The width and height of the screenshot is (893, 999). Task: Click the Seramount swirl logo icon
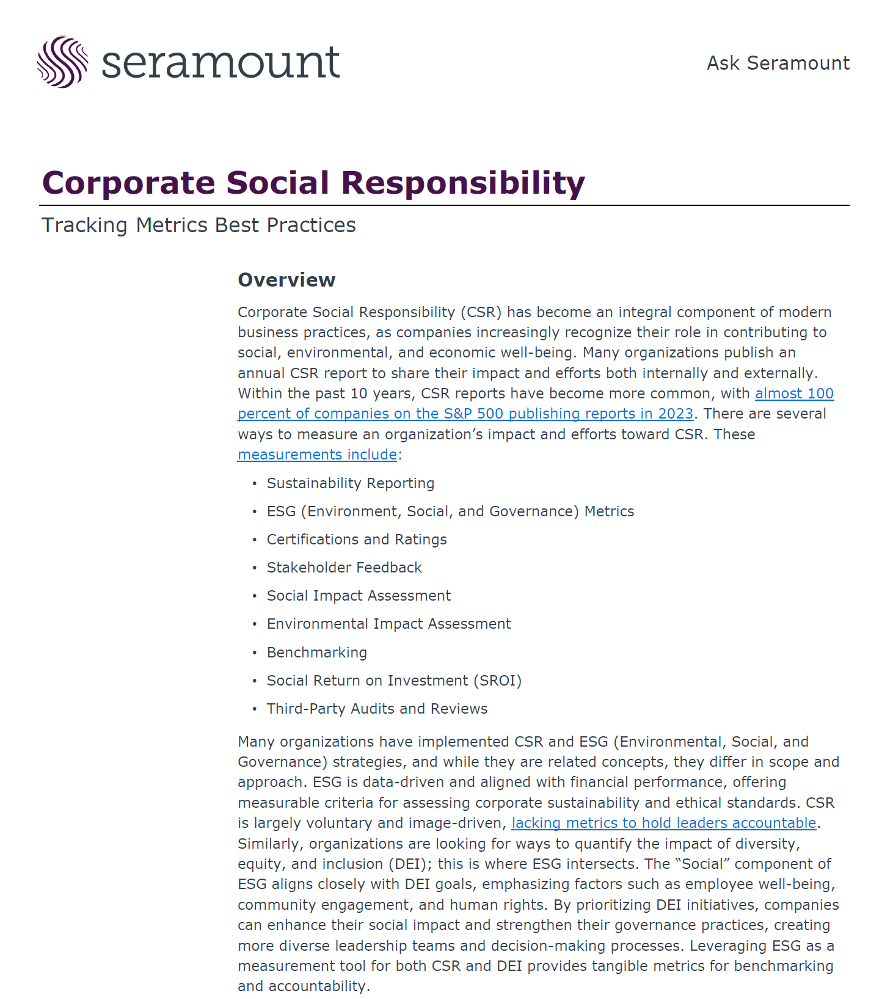click(62, 62)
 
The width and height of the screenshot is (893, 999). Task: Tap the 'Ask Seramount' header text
click(778, 63)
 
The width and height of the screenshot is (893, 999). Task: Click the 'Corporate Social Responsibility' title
click(313, 183)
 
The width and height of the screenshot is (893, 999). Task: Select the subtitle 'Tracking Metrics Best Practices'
click(199, 225)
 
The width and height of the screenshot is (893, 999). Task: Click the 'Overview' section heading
click(286, 280)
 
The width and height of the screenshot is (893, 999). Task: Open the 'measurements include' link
click(317, 455)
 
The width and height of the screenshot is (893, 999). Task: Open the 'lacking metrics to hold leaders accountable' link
click(663, 823)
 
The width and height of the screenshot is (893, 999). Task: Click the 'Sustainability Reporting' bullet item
click(350, 483)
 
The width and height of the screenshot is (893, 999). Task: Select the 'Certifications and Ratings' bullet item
click(356, 540)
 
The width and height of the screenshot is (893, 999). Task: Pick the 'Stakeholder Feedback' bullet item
click(344, 568)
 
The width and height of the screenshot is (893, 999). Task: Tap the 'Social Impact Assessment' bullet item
click(359, 596)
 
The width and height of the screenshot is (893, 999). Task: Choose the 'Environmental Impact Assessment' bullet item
click(388, 624)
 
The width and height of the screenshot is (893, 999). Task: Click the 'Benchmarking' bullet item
click(316, 653)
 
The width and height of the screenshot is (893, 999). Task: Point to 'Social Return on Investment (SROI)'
click(394, 681)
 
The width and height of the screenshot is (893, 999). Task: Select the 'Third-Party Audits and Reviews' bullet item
click(377, 709)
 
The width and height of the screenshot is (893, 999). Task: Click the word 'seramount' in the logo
click(220, 63)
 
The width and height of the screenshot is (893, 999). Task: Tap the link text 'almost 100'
click(794, 393)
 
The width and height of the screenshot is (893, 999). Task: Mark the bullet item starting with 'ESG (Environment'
click(450, 511)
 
